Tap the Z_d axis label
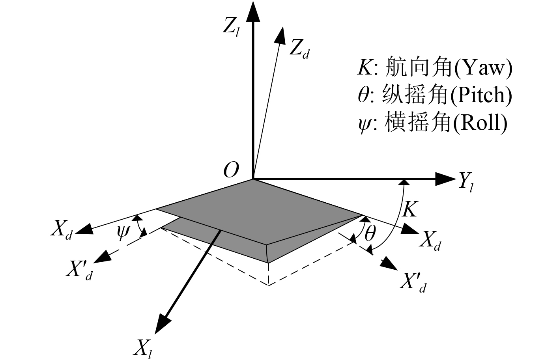[299, 49]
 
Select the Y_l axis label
[466, 182]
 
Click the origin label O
[231, 170]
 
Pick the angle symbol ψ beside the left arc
[123, 233]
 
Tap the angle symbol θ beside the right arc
[370, 234]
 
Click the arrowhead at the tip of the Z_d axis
[280, 35]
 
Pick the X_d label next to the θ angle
[430, 240]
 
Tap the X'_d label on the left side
[79, 270]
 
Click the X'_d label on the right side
[412, 282]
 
